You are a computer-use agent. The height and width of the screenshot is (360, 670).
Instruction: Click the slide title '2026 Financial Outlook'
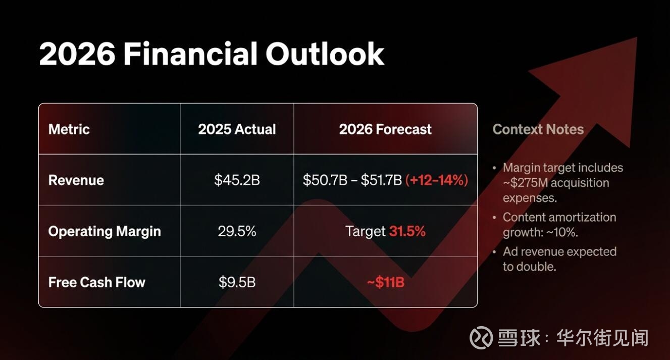pyautogui.click(x=212, y=54)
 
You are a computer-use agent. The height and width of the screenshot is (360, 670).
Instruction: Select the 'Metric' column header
pyautogui.click(x=69, y=129)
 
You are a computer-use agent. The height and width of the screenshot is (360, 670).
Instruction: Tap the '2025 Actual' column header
pyautogui.click(x=237, y=129)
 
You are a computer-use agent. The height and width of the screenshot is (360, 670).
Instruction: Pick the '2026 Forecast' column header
pyautogui.click(x=385, y=129)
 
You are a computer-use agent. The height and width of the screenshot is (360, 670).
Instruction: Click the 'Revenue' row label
pyautogui.click(x=76, y=180)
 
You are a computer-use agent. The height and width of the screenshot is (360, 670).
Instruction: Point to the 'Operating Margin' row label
pyautogui.click(x=105, y=232)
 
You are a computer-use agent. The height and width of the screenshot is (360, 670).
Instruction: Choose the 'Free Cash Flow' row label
pyautogui.click(x=96, y=282)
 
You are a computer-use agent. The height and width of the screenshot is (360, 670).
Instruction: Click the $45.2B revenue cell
pyautogui.click(x=237, y=180)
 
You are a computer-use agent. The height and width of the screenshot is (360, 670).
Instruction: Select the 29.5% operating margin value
pyautogui.click(x=237, y=231)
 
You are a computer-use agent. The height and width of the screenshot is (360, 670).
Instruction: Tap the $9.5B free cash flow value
pyautogui.click(x=237, y=282)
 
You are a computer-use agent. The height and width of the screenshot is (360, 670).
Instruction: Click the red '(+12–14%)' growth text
pyautogui.click(x=437, y=180)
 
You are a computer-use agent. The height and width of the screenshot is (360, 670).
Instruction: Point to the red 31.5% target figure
pyautogui.click(x=407, y=231)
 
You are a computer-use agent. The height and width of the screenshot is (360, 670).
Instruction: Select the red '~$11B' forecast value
pyautogui.click(x=386, y=282)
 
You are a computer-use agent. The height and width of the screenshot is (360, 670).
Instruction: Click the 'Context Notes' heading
pyautogui.click(x=538, y=129)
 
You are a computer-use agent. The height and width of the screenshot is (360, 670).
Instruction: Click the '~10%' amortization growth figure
pyautogui.click(x=562, y=232)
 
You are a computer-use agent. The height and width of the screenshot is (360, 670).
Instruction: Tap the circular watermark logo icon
pyautogui.click(x=481, y=338)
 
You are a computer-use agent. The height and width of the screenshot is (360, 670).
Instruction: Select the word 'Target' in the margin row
pyautogui.click(x=366, y=232)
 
